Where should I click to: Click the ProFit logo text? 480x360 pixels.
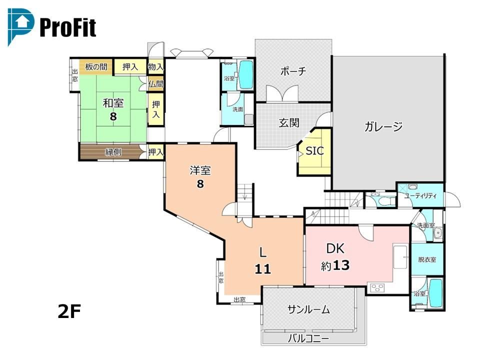click(x=68, y=27)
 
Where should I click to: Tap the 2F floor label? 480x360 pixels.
click(x=69, y=311)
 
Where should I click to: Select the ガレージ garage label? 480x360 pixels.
click(x=383, y=126)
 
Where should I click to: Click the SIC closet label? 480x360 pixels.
click(x=314, y=150)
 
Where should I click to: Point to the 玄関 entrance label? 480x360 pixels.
click(x=289, y=123)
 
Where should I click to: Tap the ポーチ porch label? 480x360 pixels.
click(x=293, y=71)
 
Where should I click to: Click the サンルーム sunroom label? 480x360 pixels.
click(x=308, y=309)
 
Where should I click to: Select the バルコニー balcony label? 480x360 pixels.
click(x=308, y=338)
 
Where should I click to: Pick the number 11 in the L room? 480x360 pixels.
click(x=262, y=269)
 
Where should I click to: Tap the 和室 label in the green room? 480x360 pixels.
click(x=113, y=103)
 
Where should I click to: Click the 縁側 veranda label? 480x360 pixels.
click(x=113, y=151)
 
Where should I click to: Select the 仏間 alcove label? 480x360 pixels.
click(x=156, y=83)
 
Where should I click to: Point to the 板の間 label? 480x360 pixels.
click(x=96, y=66)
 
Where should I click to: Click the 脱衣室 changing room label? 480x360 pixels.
click(x=427, y=259)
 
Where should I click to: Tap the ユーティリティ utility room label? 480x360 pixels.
click(x=420, y=196)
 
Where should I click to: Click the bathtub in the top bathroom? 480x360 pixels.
click(x=245, y=74)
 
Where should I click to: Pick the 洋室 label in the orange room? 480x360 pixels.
click(x=200, y=170)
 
